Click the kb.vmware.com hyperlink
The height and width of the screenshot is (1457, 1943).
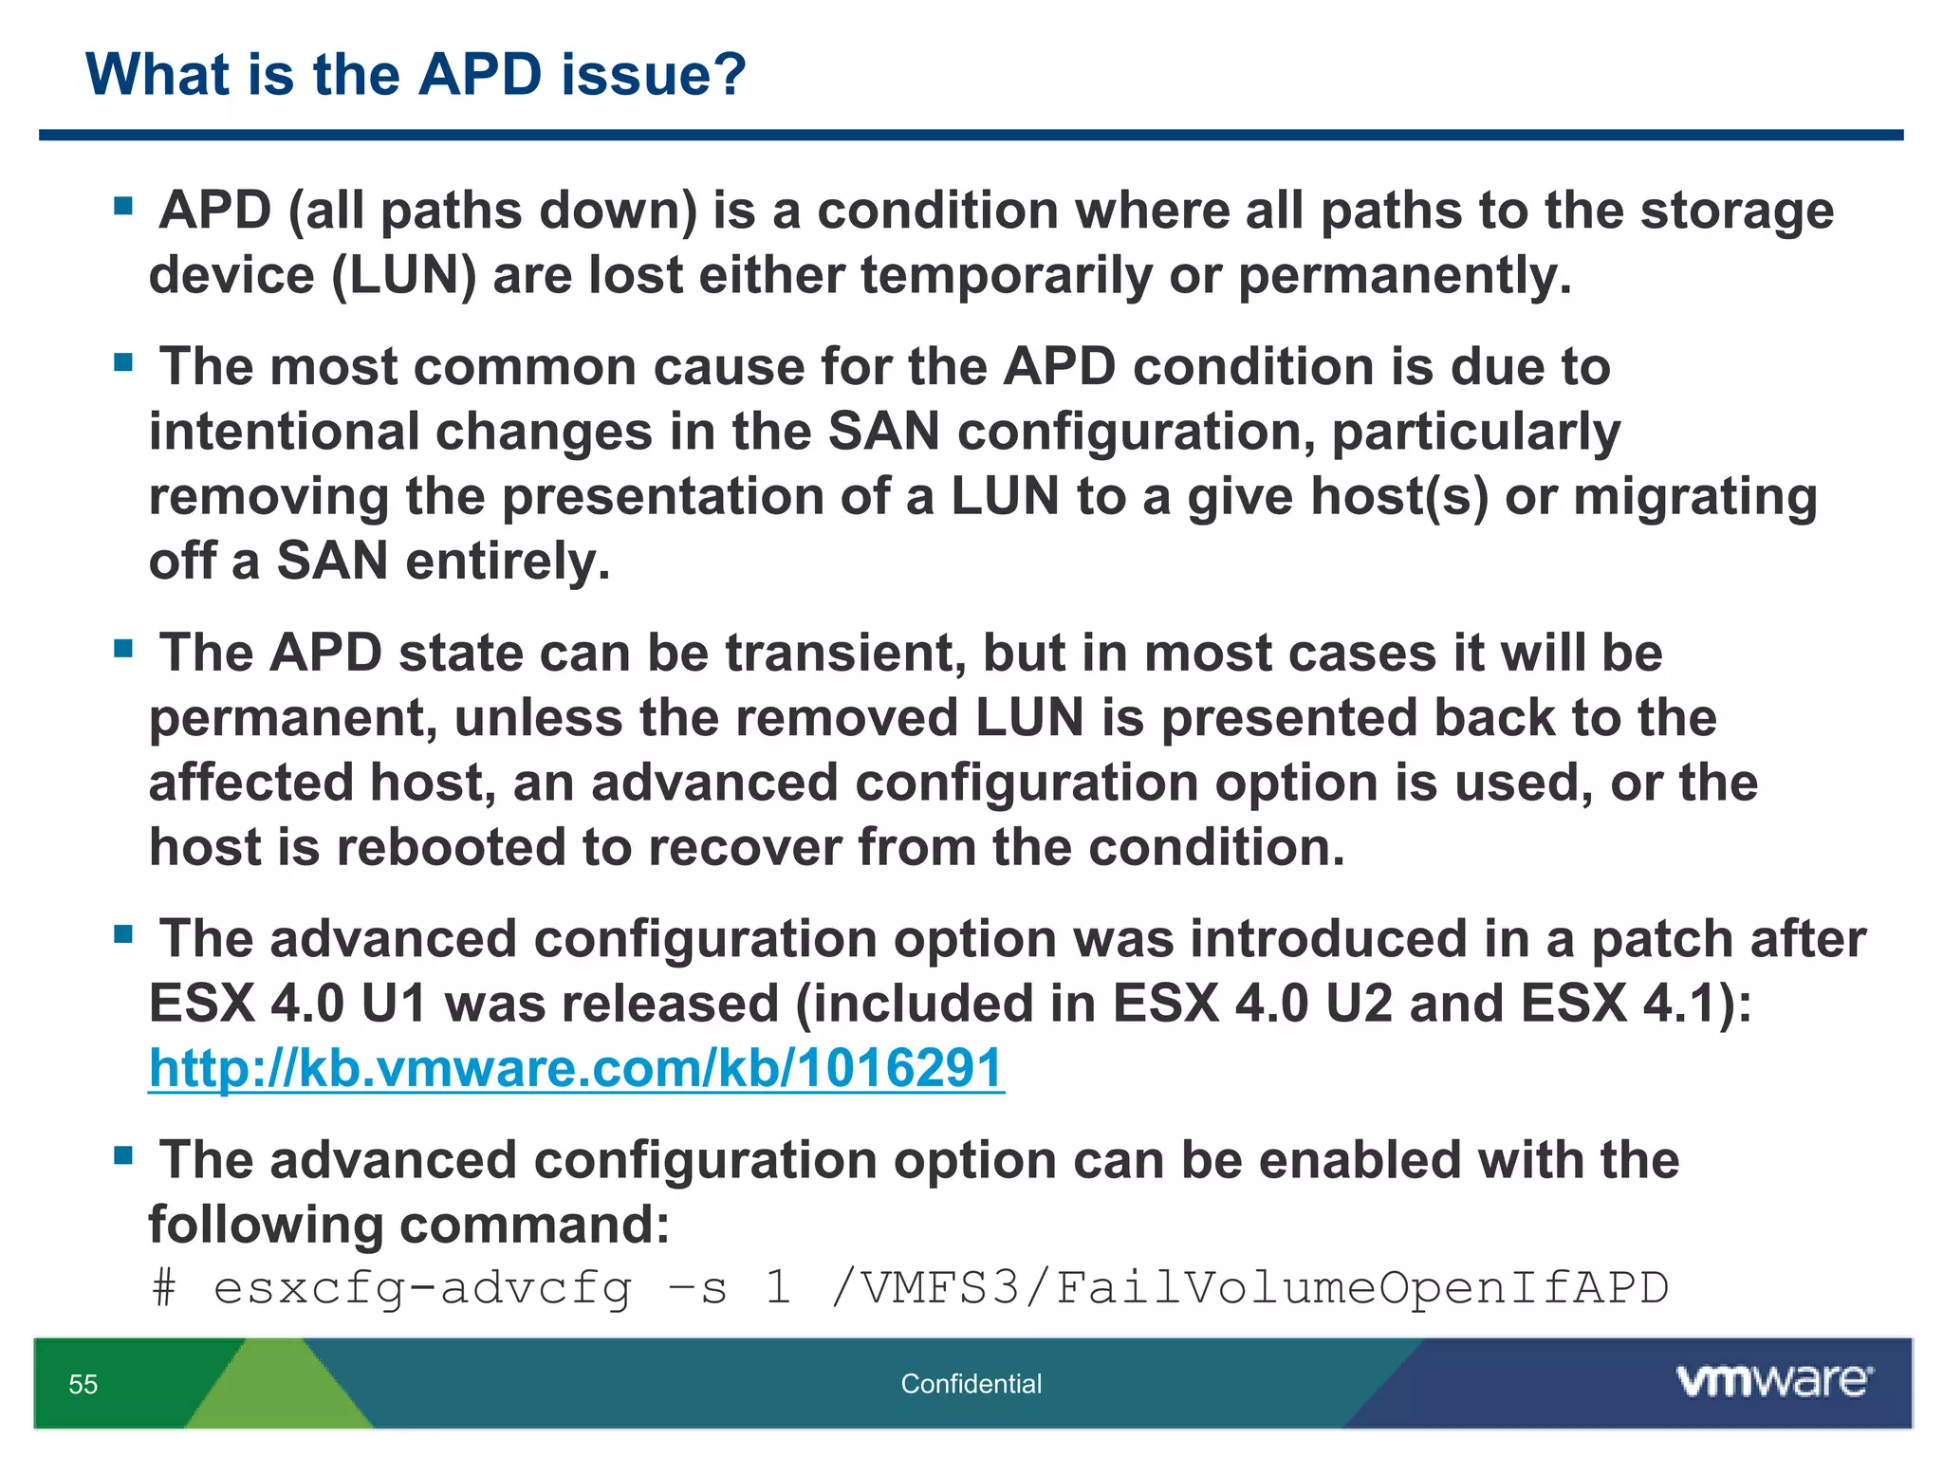click(x=576, y=1069)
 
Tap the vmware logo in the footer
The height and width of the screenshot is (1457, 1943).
click(x=1774, y=1380)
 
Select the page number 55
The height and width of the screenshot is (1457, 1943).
click(x=83, y=1384)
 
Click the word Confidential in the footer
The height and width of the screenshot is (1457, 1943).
click(x=971, y=1384)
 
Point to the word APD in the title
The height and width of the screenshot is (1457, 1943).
click(x=480, y=74)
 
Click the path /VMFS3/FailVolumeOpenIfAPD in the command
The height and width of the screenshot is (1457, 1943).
click(x=1249, y=1288)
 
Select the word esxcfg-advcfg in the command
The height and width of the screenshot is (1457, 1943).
click(x=422, y=1288)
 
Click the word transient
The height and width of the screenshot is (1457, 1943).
click(x=845, y=654)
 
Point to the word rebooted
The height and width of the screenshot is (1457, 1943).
click(x=451, y=847)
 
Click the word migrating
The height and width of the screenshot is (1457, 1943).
click(x=1695, y=496)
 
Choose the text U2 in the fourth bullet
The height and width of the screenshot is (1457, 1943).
click(x=1359, y=1004)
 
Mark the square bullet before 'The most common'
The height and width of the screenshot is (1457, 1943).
click(x=122, y=362)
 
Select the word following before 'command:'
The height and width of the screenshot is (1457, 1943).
click(x=266, y=1225)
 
